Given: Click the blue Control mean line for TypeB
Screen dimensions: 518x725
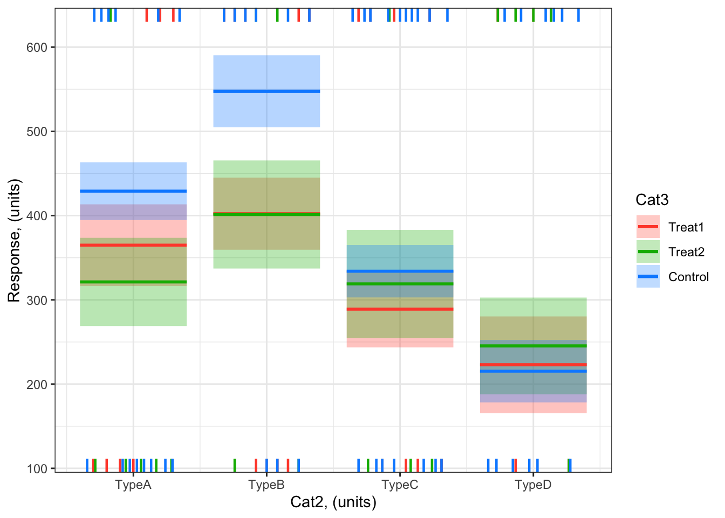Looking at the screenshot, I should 266,91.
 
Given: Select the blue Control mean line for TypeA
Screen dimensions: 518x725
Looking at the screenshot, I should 133,191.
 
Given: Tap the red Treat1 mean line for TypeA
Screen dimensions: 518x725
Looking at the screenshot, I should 133,246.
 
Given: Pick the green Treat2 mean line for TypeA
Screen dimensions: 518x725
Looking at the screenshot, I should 133,282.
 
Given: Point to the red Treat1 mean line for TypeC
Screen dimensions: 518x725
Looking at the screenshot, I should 400,309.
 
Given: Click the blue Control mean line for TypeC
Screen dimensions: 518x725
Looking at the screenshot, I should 400,271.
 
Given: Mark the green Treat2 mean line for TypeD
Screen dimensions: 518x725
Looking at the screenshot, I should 533,346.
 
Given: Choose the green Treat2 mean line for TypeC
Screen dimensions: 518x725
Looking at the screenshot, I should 400,284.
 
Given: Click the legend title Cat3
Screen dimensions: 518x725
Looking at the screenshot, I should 652,200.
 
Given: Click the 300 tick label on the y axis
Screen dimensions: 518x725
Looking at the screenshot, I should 37,300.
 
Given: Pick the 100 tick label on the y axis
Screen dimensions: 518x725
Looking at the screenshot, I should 37,468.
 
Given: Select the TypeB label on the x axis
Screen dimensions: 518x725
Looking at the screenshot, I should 266,485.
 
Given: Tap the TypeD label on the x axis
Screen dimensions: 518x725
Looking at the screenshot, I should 533,485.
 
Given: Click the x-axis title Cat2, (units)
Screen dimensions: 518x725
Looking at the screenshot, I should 333,502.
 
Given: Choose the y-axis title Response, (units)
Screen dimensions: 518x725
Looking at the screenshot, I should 14,241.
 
